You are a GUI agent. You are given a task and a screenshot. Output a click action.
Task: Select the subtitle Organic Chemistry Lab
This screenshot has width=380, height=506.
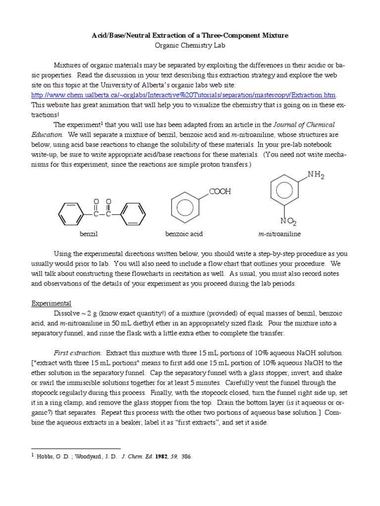[190, 45]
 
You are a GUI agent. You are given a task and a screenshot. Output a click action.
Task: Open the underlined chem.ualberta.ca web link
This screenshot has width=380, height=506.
[184, 95]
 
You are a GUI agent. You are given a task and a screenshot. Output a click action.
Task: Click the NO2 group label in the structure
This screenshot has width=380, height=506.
[289, 221]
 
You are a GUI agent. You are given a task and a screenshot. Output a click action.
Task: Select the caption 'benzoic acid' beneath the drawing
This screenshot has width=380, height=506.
[184, 233]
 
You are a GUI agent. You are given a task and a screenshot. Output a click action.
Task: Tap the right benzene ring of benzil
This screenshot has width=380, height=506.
[133, 214]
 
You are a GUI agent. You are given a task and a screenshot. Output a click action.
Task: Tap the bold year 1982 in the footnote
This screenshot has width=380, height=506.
[148, 457]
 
